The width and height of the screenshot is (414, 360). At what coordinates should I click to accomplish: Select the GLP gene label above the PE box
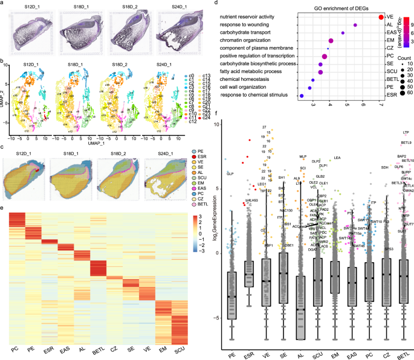[230, 173]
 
